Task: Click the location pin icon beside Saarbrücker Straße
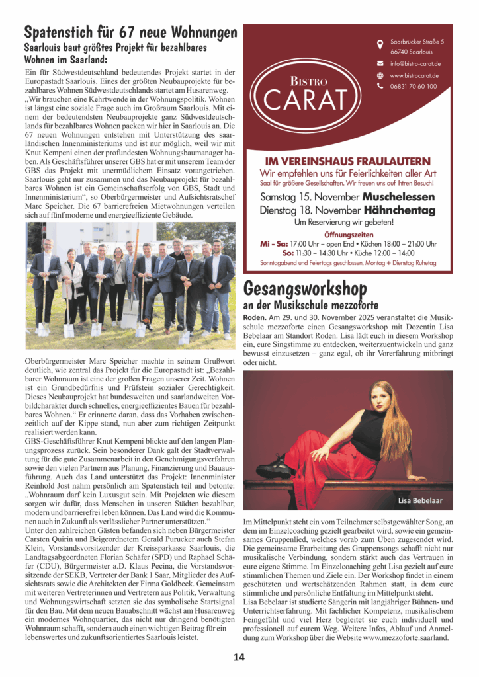(x=380, y=46)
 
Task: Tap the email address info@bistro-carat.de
(x=415, y=63)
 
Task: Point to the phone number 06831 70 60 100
(x=413, y=86)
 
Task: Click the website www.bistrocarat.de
(x=415, y=75)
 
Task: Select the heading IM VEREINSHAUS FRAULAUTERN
(x=347, y=161)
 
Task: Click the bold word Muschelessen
(x=398, y=197)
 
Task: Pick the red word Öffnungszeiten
(x=348, y=235)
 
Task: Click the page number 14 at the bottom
(x=239, y=657)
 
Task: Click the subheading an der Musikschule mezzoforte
(x=310, y=305)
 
